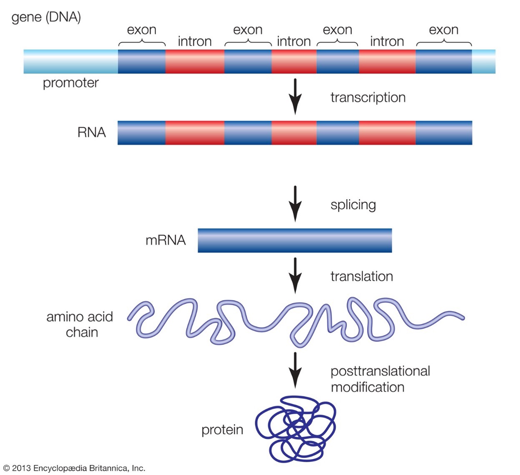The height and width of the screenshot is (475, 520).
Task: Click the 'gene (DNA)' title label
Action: pyautogui.click(x=46, y=17)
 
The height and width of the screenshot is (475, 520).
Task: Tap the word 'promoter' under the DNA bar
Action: pyautogui.click(x=71, y=83)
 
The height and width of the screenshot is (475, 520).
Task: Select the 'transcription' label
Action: pyautogui.click(x=368, y=97)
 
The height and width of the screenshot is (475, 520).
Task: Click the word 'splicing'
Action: pyautogui.click(x=353, y=205)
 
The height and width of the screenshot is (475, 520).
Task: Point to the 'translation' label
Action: pyautogui.click(x=362, y=277)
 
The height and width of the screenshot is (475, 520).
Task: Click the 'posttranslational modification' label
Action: pyautogui.click(x=380, y=379)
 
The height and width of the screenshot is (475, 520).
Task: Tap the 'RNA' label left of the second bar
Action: pyautogui.click(x=92, y=133)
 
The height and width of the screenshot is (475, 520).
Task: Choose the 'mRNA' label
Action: pyautogui.click(x=165, y=240)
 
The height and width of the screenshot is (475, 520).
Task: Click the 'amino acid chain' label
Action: pyautogui.click(x=80, y=324)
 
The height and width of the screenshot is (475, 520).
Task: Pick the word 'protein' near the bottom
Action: pyautogui.click(x=222, y=430)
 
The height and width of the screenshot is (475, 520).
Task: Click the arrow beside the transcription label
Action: pyautogui.click(x=295, y=96)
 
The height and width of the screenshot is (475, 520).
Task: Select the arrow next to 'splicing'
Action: pyautogui.click(x=295, y=203)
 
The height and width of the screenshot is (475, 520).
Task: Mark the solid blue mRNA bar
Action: pyautogui.click(x=295, y=240)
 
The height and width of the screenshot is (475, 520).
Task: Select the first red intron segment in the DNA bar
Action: pyautogui.click(x=195, y=62)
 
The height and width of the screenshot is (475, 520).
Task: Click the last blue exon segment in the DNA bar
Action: pyautogui.click(x=443, y=62)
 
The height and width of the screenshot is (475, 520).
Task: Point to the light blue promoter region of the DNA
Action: pyautogui.click(x=71, y=62)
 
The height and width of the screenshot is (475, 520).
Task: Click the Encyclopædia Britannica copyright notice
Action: pyautogui.click(x=74, y=468)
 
